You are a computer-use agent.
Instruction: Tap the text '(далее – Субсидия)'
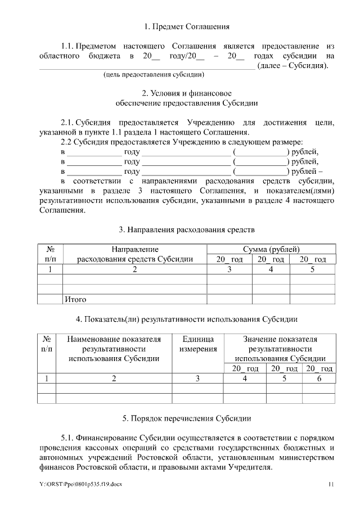292,66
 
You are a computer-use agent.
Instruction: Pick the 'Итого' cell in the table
76,299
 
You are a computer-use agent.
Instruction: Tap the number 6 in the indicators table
319,379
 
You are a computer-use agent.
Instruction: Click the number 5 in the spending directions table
313,269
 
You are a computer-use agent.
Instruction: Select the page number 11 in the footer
331,484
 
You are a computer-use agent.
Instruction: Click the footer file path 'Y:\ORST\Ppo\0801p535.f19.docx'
76,484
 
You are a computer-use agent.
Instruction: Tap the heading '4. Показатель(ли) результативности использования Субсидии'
186,319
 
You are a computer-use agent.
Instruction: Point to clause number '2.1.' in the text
67,123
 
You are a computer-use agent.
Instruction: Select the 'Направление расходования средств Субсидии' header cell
134,254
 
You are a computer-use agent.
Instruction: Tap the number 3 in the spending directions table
229,269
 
